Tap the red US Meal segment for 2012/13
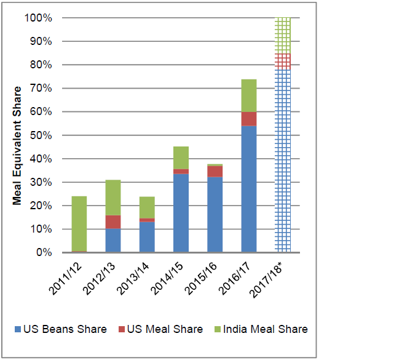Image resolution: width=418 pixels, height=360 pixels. [x=114, y=222]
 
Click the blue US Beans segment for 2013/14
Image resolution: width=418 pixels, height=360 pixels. [x=148, y=238]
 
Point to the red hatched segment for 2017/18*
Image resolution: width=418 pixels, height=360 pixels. [x=283, y=62]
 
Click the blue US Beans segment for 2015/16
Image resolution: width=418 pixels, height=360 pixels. [x=215, y=215]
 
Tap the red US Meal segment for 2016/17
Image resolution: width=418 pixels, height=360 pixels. [x=249, y=119]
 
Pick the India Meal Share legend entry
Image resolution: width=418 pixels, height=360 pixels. [x=261, y=329]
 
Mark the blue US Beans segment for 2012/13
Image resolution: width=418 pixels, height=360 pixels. [x=114, y=241]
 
